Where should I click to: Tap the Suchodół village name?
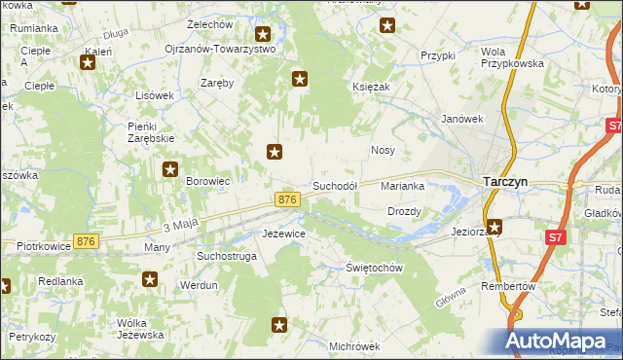coord(335,185)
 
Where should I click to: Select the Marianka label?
coord(403,185)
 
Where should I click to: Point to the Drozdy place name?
coord(404,211)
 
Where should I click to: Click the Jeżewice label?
coord(285,234)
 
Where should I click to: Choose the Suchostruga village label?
coord(226,256)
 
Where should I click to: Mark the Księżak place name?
coord(371,88)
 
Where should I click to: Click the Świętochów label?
coord(375,268)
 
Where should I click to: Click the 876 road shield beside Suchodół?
coord(286,198)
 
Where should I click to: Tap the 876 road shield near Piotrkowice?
coord(87,241)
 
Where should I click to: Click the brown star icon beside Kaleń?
coord(88,63)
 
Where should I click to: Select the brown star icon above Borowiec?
coord(167,168)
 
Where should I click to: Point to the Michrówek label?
coord(353,345)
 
